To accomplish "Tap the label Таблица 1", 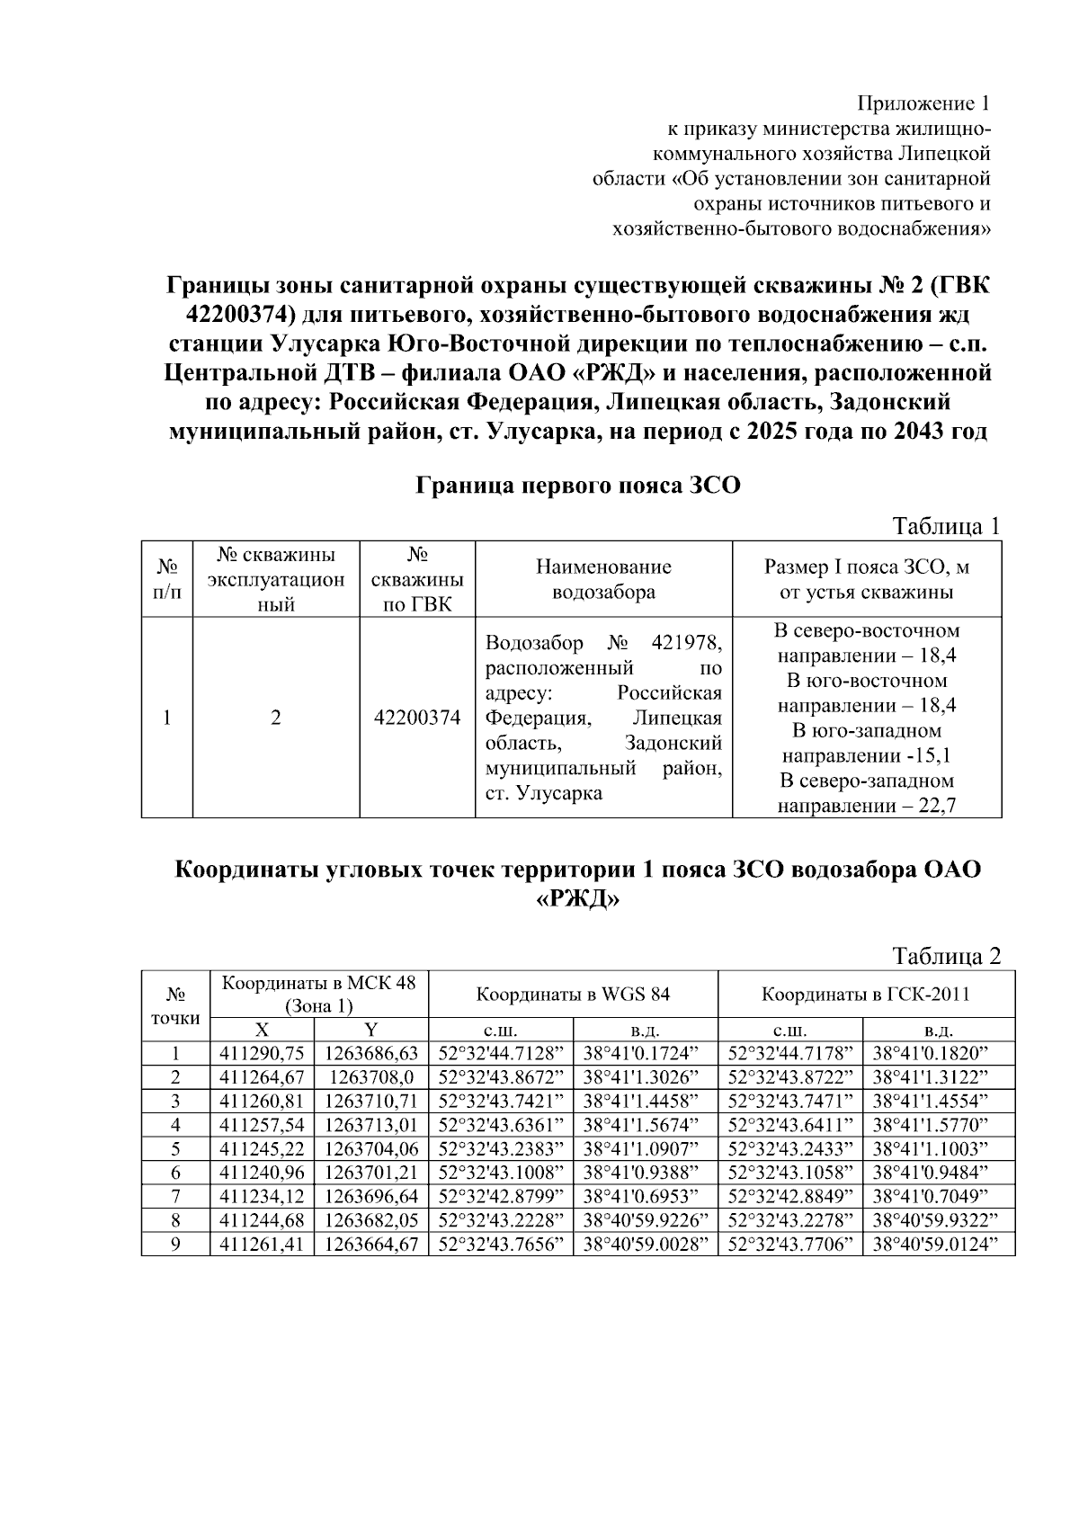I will click(x=945, y=527).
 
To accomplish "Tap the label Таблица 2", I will click(x=945, y=956).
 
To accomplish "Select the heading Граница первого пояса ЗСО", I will click(x=578, y=486).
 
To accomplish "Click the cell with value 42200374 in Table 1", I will click(x=417, y=718).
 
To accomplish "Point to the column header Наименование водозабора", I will click(x=603, y=579).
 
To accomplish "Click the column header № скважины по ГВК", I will click(x=417, y=579).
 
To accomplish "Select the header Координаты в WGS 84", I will click(x=573, y=995).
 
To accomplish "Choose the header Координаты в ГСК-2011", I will click(x=865, y=995).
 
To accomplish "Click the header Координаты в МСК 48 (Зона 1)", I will click(x=319, y=994).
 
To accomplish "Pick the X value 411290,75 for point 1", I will click(x=262, y=1054).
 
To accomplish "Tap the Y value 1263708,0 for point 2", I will click(x=371, y=1077).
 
